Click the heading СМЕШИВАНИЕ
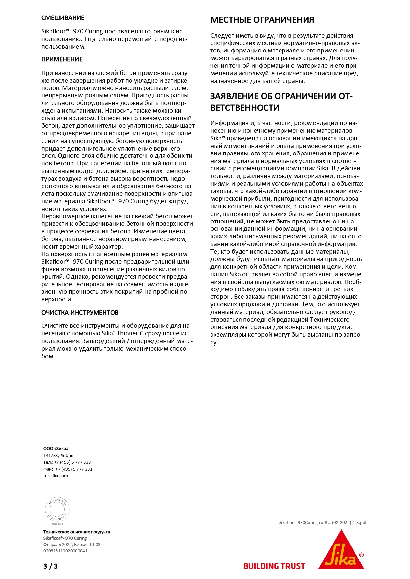coord(63,18)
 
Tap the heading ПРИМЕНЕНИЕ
coord(62,59)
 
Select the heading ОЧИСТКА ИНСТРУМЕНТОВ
coord(80,313)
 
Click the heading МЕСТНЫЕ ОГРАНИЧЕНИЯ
coord(262,20)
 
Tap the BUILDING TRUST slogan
coord(274,566)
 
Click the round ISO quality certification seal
coord(57,510)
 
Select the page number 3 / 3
coord(50,566)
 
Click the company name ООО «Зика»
coord(56,448)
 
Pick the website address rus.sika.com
coord(56,476)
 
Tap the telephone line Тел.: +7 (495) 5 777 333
coord(67,462)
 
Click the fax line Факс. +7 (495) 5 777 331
coord(68,469)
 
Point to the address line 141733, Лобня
coord(58,455)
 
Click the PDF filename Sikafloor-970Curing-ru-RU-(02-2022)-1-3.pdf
coord(322,523)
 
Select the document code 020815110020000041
coord(65,551)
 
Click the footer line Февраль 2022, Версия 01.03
coord(72,544)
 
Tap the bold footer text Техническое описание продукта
coord(76,532)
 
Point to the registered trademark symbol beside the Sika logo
coord(361,555)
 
